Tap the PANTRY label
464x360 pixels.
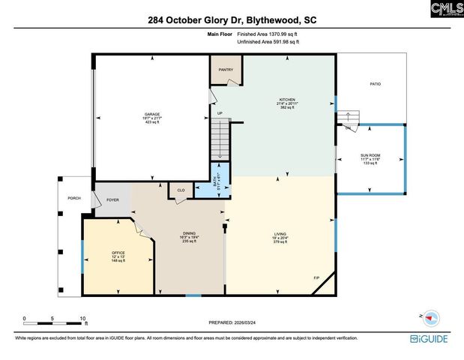point(226,70)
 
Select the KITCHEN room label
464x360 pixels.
point(287,100)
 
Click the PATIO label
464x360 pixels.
point(375,84)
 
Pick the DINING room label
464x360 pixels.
point(189,233)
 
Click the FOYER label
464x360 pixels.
point(112,200)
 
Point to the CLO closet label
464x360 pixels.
point(181,190)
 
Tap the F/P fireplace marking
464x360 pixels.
point(316,278)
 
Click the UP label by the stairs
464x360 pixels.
point(220,114)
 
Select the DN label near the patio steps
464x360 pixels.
point(348,127)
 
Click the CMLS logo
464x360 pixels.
point(447,9)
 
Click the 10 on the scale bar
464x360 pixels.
point(82,317)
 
